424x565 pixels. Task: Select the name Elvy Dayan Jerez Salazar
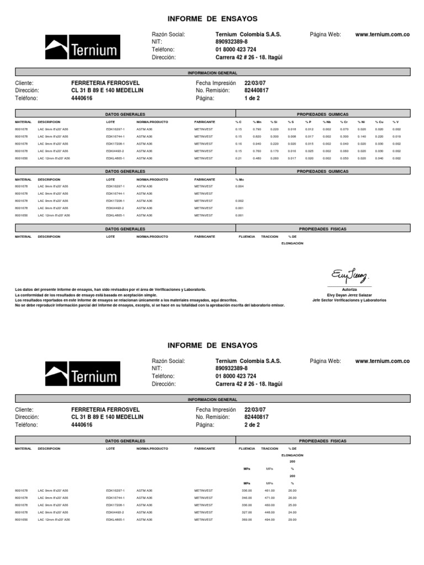tap(349, 295)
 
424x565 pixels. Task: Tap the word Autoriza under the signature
tap(349, 290)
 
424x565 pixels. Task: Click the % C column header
tap(239, 121)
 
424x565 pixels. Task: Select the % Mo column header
tap(240, 179)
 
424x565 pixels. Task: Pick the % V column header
tap(395, 121)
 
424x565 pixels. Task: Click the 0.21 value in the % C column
tap(239, 158)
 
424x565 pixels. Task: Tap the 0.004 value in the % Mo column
tap(240, 186)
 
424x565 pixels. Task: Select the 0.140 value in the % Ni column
tap(361, 136)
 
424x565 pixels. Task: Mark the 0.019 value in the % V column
tap(396, 136)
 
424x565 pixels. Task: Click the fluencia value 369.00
tap(247, 520)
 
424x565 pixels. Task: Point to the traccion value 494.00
tap(269, 520)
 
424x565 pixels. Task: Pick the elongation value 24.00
tap(292, 512)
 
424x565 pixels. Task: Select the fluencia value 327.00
tap(247, 512)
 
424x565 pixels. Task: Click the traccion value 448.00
tap(269, 512)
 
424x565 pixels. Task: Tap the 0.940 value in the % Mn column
tap(257, 143)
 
